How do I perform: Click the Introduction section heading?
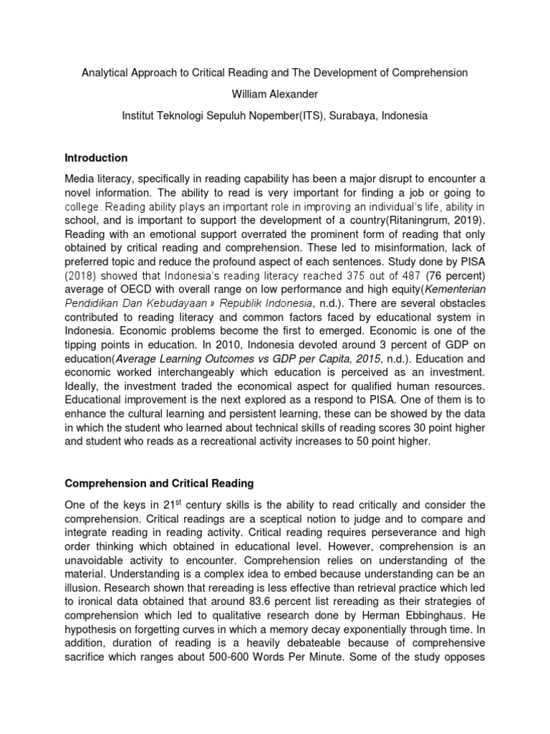[x=96, y=158]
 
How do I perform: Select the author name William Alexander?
[x=275, y=94]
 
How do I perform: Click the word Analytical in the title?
[x=107, y=73]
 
